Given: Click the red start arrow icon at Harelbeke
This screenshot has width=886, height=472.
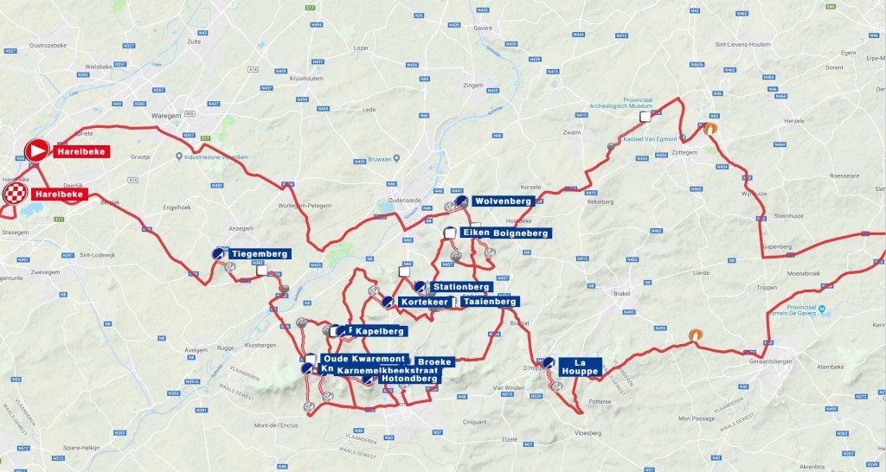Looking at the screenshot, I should (38, 151).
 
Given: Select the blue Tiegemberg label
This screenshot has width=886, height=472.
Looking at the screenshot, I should (259, 253).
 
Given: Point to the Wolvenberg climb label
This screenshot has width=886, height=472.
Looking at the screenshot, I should (503, 201).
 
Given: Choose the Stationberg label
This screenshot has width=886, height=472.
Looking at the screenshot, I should (461, 286).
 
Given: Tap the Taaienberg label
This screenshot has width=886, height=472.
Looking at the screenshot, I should (489, 302).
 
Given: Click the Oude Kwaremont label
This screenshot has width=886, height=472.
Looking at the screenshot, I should (363, 359).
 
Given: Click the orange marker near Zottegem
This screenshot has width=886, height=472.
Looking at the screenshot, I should (709, 129).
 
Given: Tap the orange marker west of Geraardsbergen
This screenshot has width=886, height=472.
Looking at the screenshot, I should (695, 335).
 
